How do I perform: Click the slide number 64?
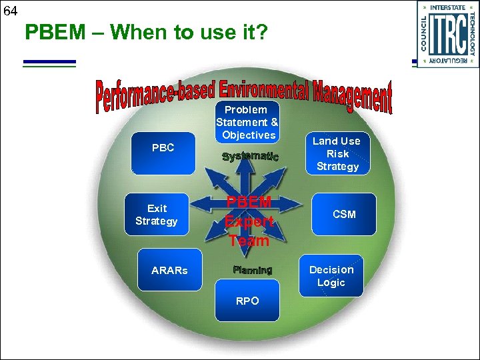tap(9, 11)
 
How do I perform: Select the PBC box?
tap(163, 148)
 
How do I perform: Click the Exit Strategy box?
tap(156, 215)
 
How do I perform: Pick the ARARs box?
tap(169, 270)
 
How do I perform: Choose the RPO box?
tap(247, 301)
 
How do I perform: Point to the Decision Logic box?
tap(331, 276)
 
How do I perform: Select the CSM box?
tap(344, 215)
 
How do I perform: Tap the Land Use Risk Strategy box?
tap(337, 154)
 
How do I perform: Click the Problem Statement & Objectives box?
tap(247, 123)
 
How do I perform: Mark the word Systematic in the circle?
tap(250, 157)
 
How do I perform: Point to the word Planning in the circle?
tap(253, 270)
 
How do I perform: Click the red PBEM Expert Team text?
tap(248, 221)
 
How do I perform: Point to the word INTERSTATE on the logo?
tap(447, 7)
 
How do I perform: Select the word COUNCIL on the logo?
tap(424, 33)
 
